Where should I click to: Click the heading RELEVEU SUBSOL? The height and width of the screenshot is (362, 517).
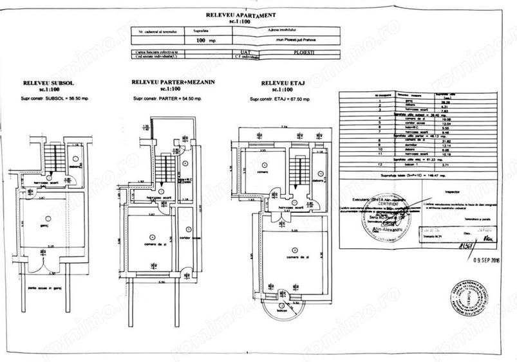[x=46, y=84]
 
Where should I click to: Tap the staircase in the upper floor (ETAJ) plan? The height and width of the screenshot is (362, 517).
[x=297, y=168]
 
